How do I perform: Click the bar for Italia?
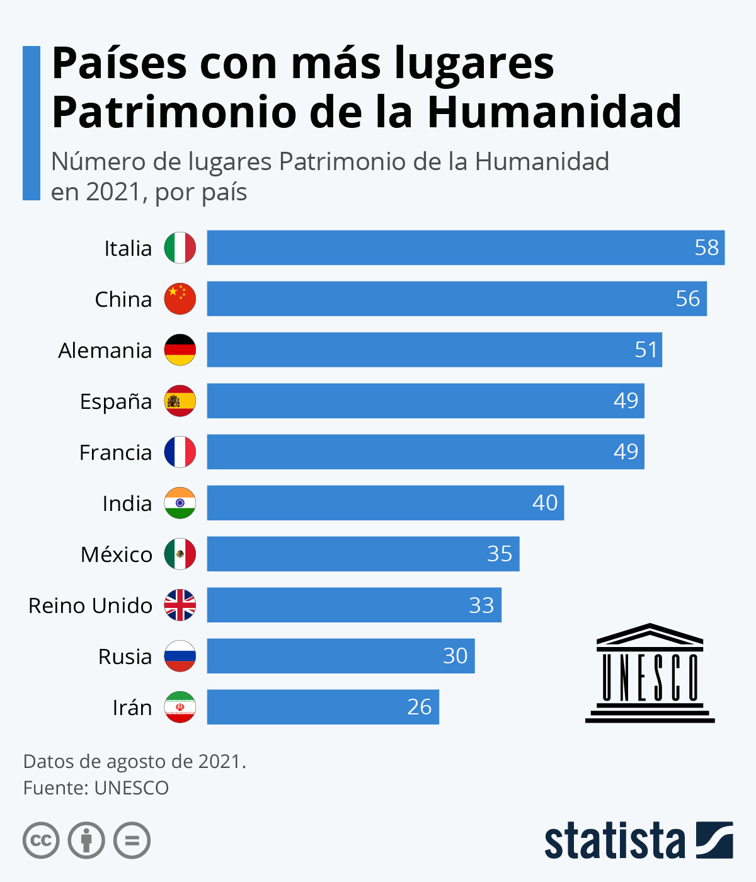pyautogui.click(x=466, y=248)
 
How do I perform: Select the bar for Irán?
pyautogui.click(x=323, y=707)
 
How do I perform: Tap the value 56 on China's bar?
pyautogui.click(x=687, y=299)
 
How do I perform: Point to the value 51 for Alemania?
pyautogui.click(x=646, y=350)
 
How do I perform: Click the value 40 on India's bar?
pyautogui.click(x=545, y=503)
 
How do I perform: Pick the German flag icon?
pyautogui.click(x=180, y=350)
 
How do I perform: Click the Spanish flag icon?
pyautogui.click(x=180, y=401)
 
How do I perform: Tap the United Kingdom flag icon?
pyautogui.click(x=180, y=605)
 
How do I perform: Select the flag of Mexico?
pyautogui.click(x=180, y=554)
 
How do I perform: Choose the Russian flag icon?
pyautogui.click(x=180, y=656)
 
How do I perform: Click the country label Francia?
pyautogui.click(x=115, y=452)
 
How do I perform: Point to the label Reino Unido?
pyautogui.click(x=90, y=605)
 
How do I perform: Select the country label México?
pyautogui.click(x=117, y=554)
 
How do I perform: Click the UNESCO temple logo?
pyautogui.click(x=650, y=673)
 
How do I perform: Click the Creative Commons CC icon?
pyautogui.click(x=41, y=840)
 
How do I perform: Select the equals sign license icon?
pyautogui.click(x=132, y=840)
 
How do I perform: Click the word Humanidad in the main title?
pyautogui.click(x=554, y=112)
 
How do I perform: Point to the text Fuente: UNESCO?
pyautogui.click(x=96, y=788)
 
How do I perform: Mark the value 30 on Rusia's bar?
pyautogui.click(x=455, y=656)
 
